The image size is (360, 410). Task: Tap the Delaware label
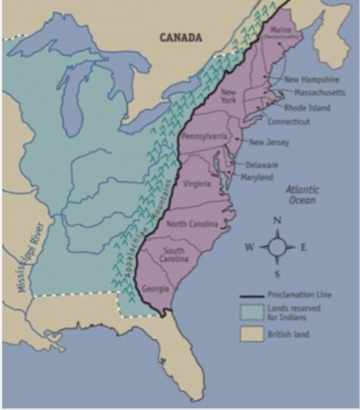261,164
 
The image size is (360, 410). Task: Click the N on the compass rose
277,220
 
